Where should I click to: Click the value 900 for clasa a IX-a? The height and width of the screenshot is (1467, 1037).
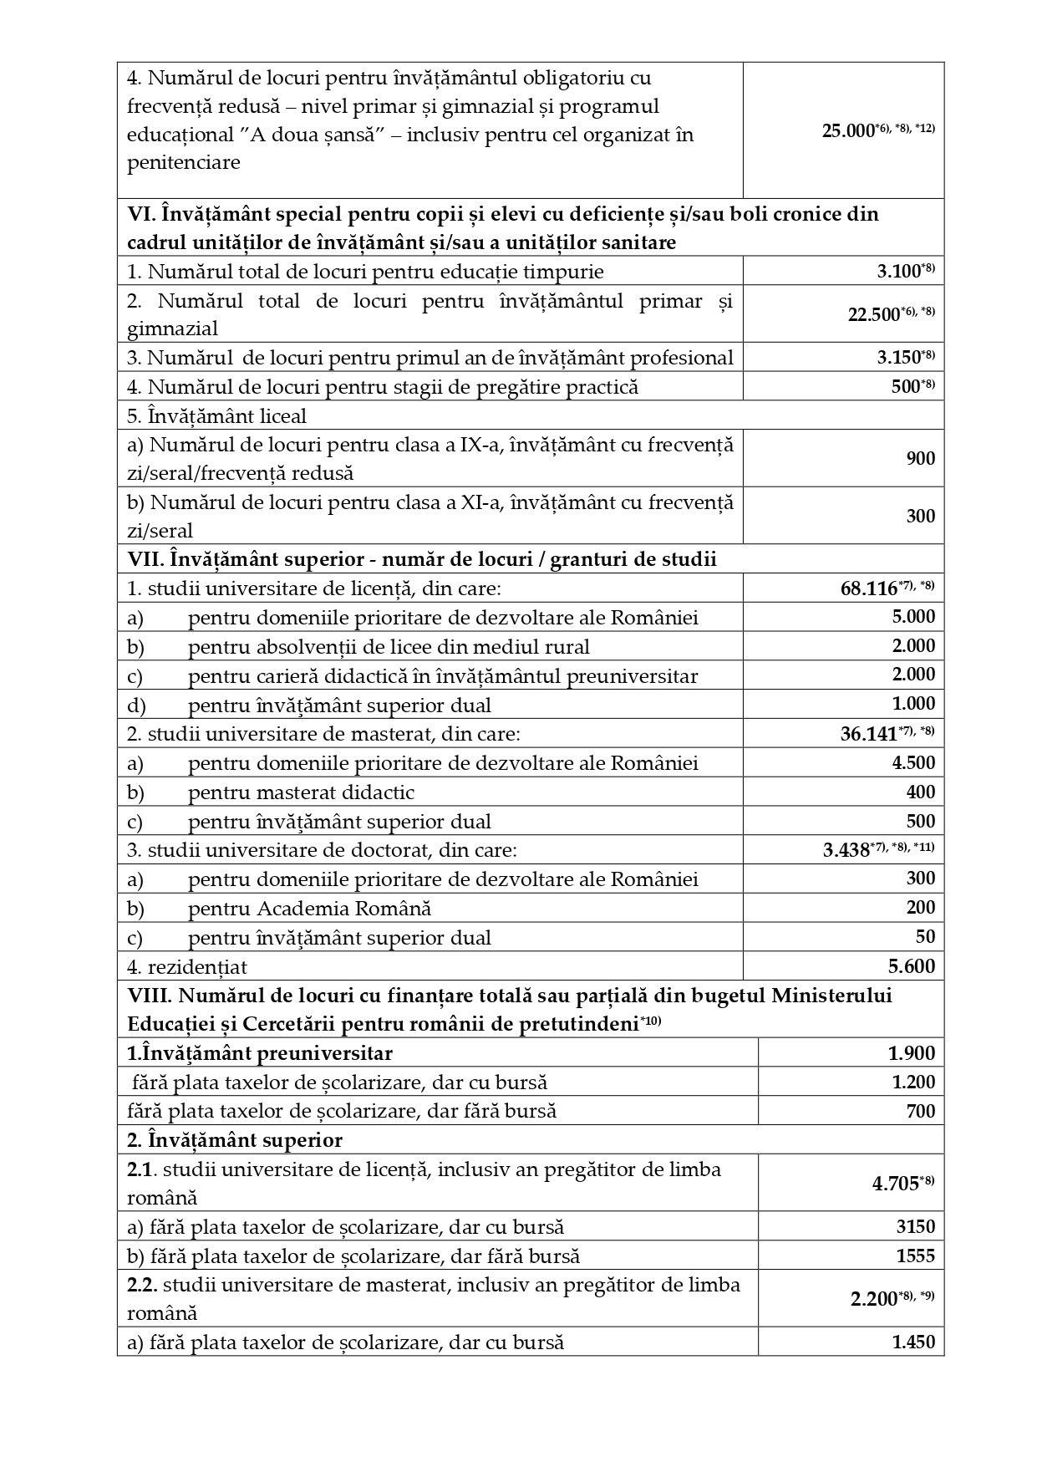[x=920, y=458]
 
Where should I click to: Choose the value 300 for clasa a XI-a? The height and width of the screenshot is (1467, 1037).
[x=920, y=516]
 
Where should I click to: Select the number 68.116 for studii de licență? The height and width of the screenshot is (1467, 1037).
[x=868, y=588]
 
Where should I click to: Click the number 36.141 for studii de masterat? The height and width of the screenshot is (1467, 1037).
[x=868, y=734]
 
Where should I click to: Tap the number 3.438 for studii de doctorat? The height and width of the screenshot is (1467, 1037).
[x=846, y=851]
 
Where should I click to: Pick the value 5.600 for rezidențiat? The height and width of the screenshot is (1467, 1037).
[x=911, y=966]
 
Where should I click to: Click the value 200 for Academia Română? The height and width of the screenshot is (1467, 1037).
[x=920, y=908]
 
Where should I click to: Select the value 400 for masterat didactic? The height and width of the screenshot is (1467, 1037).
[x=920, y=792]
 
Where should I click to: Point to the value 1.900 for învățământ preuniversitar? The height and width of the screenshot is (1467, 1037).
[x=911, y=1053]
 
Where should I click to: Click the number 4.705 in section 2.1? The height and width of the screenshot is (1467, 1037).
[x=895, y=1184]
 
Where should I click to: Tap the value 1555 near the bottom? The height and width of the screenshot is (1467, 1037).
[x=915, y=1256]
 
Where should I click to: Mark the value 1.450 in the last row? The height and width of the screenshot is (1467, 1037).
[x=912, y=1342]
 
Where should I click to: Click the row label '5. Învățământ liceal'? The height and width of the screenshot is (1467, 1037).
[x=216, y=415]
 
